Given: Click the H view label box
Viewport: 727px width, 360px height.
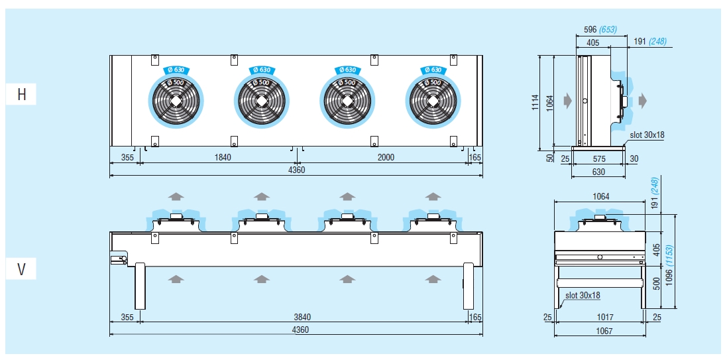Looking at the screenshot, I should pos(22,95).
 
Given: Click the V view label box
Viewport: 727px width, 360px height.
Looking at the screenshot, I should pos(22,270).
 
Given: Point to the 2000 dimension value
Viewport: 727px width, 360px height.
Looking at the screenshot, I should pos(386,157).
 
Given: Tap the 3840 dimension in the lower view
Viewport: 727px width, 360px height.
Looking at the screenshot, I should pos(302,318).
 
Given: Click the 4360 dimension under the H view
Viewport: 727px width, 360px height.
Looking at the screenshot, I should pos(296,170).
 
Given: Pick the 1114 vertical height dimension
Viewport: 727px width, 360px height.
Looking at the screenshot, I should pos(535,103).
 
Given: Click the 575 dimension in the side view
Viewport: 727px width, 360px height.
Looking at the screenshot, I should pos(598,160).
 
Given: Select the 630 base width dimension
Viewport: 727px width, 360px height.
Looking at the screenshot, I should pos(598,172).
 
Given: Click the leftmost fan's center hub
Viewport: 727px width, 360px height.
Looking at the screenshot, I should pos(176,101).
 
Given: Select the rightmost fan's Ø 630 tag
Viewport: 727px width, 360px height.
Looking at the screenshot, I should pos(431,70).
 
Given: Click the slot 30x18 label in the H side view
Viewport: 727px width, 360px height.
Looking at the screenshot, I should pos(647,135).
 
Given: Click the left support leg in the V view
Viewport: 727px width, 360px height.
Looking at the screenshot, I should pos(140,285).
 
